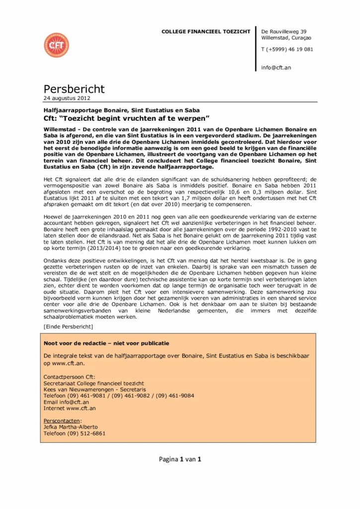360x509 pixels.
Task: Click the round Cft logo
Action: click(x=56, y=45)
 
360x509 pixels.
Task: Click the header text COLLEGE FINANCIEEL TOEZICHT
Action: click(x=206, y=32)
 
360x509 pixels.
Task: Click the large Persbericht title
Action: click(x=74, y=89)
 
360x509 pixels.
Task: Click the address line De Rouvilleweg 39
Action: click(x=283, y=32)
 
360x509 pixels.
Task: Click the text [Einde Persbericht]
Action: click(x=68, y=326)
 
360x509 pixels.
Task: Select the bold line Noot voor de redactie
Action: click(x=106, y=343)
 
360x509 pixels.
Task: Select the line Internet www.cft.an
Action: click(x=70, y=408)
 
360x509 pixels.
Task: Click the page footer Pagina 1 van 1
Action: click(x=180, y=459)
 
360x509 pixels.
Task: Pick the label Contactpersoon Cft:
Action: click(x=69, y=377)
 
